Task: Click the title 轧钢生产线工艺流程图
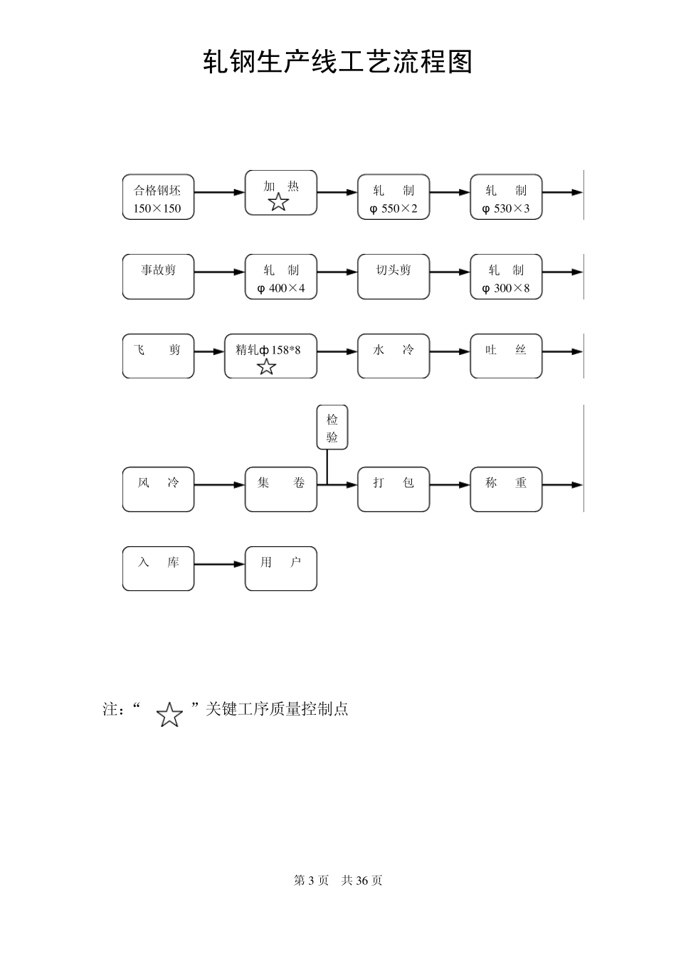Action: tap(337, 63)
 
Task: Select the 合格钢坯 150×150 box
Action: tap(158, 197)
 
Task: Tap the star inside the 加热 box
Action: tap(278, 203)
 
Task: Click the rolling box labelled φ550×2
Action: tap(394, 197)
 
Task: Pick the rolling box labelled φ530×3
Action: tap(506, 197)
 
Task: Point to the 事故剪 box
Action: tap(158, 277)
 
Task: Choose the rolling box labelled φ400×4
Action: tap(281, 277)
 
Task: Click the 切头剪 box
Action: tap(394, 277)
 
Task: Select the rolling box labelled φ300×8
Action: tap(506, 277)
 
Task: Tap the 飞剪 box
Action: tap(158, 356)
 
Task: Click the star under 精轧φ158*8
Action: tap(266, 367)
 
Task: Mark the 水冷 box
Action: tap(394, 356)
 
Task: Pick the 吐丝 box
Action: tap(506, 356)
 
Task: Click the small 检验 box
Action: tap(332, 427)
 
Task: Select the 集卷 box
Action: tap(281, 489)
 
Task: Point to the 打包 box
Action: tap(394, 489)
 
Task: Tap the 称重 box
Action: tap(506, 489)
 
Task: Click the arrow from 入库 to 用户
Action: tap(219, 565)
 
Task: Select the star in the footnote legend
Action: tap(169, 715)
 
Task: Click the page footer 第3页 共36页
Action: tap(338, 881)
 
